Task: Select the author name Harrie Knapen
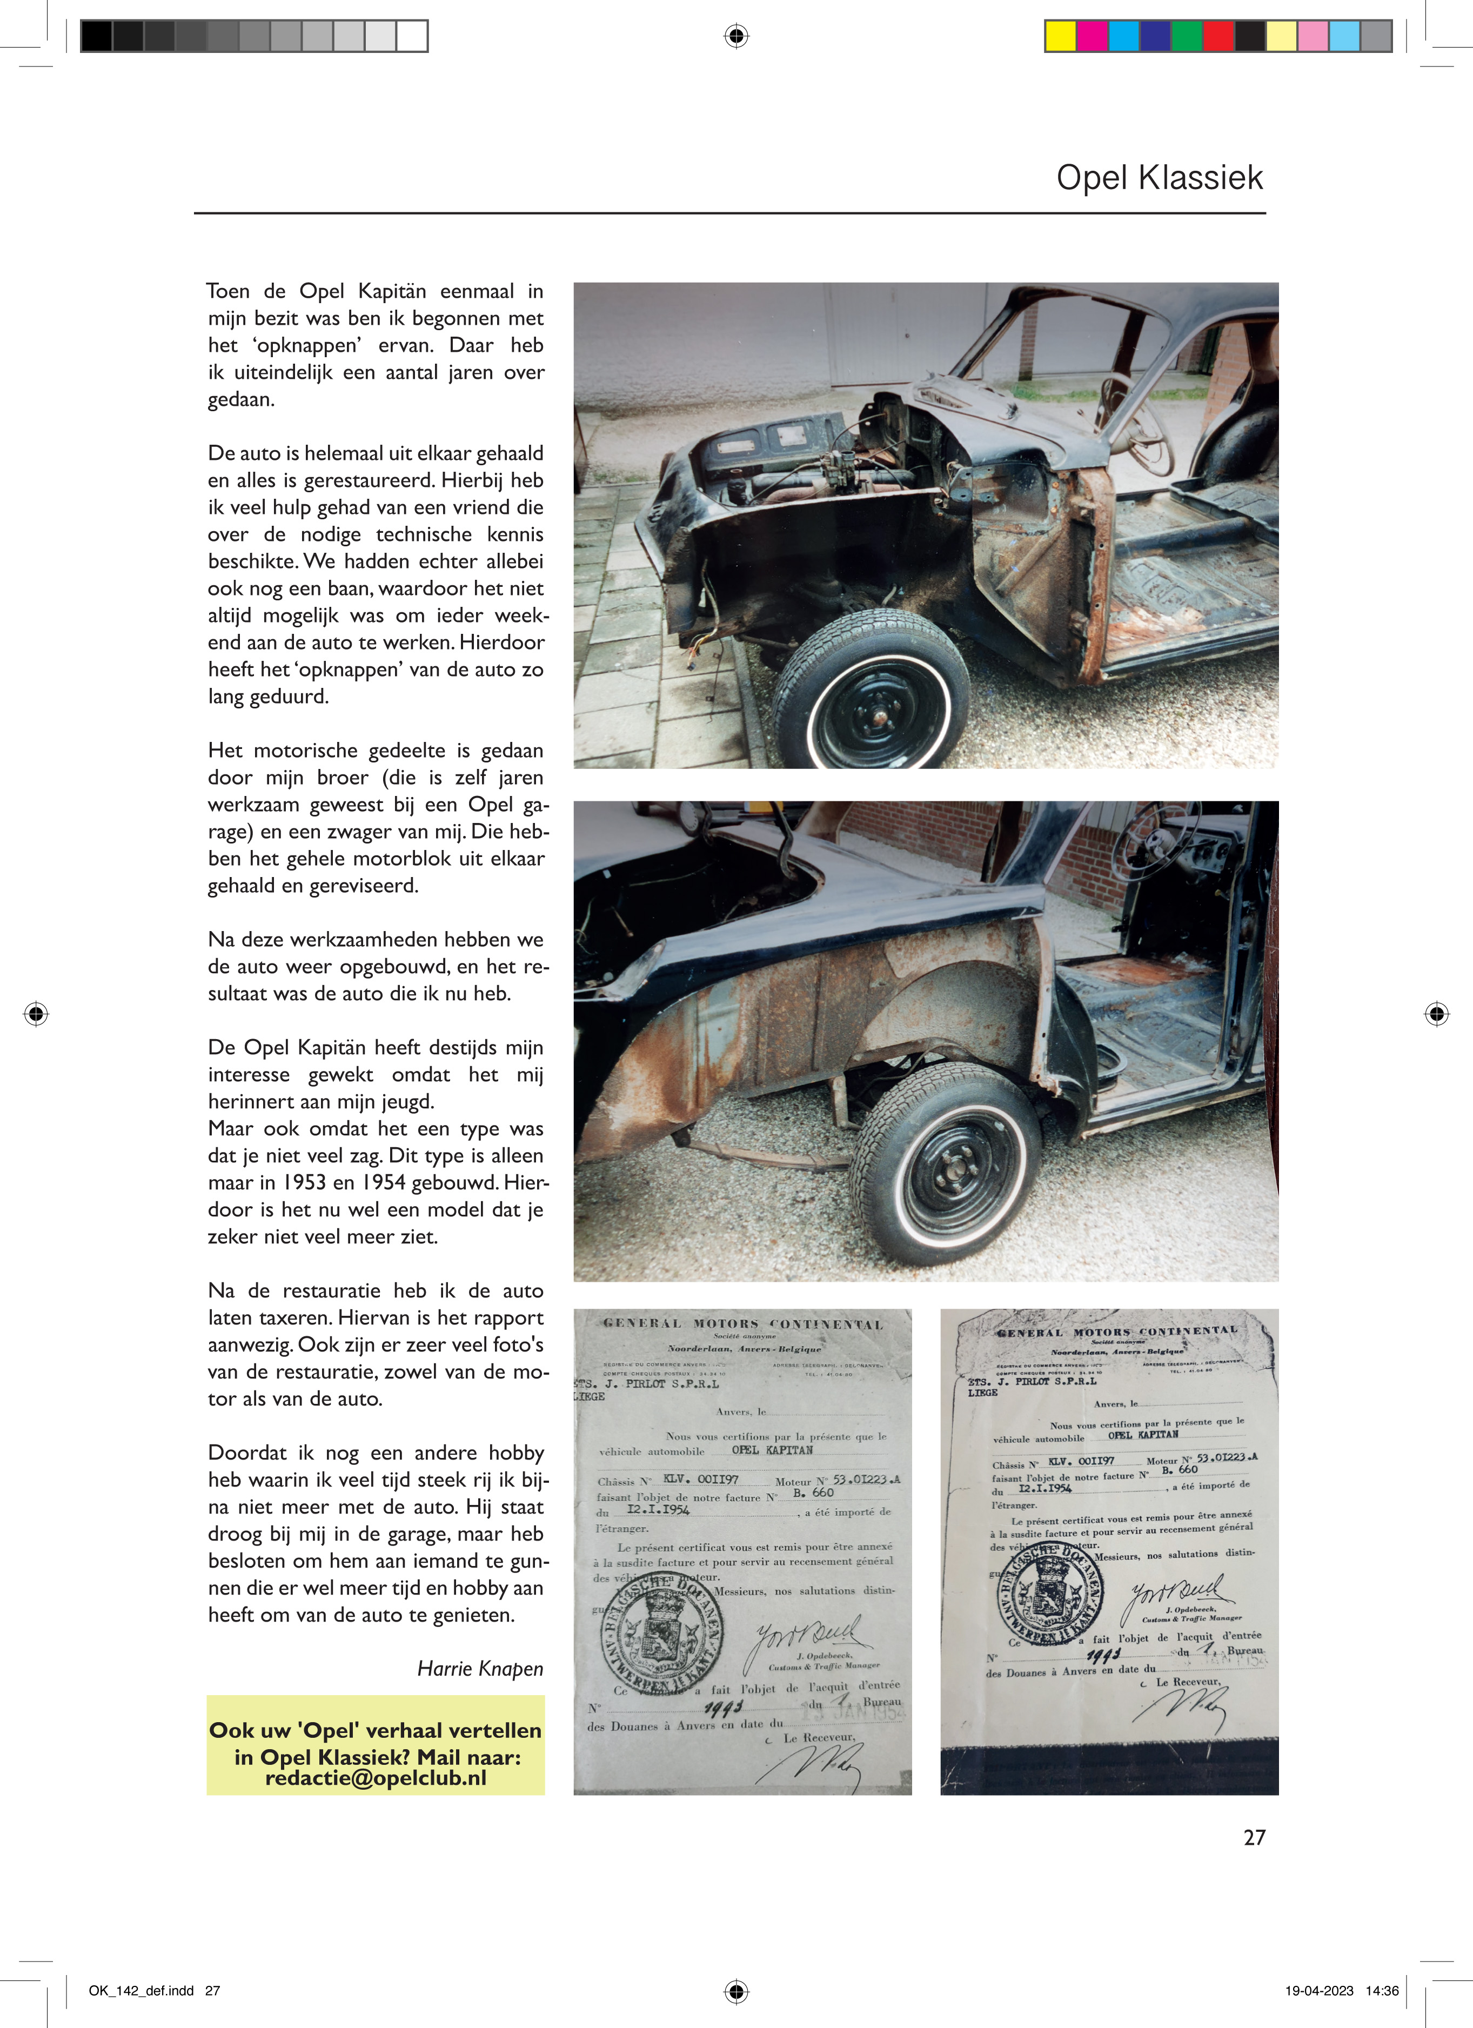(x=480, y=1669)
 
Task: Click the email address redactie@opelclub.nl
(x=376, y=1778)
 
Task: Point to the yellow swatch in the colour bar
(x=1061, y=36)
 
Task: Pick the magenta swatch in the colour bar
(x=1092, y=36)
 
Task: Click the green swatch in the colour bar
(x=1186, y=36)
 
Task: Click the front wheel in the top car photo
(x=872, y=690)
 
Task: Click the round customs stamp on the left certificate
(x=662, y=1636)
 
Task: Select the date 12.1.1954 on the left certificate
(x=658, y=1509)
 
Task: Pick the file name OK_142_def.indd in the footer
(x=142, y=1991)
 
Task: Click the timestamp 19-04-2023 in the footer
(x=1319, y=1991)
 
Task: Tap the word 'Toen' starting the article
(x=228, y=291)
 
